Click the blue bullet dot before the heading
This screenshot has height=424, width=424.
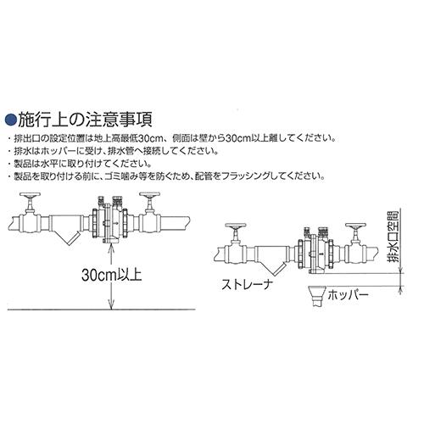(11, 120)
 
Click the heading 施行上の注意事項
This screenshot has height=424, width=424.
(86, 120)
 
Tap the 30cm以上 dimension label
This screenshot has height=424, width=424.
(112, 275)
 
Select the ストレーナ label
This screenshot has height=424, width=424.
(247, 285)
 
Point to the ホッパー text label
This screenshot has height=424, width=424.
(349, 295)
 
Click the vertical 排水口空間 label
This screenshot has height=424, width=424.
(393, 237)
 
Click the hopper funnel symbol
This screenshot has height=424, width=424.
(316, 296)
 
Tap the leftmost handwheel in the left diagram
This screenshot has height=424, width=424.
(30, 196)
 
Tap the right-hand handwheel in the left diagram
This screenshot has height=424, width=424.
(149, 196)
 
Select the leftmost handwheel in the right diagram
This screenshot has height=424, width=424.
(236, 226)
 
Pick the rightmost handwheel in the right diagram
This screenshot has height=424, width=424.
(355, 226)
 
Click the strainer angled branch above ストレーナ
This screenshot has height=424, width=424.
(274, 267)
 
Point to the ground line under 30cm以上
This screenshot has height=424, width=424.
(102, 310)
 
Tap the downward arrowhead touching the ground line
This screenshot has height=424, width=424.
(112, 306)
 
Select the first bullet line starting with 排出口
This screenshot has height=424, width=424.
(171, 138)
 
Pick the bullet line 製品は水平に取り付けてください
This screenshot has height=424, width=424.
(80, 164)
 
